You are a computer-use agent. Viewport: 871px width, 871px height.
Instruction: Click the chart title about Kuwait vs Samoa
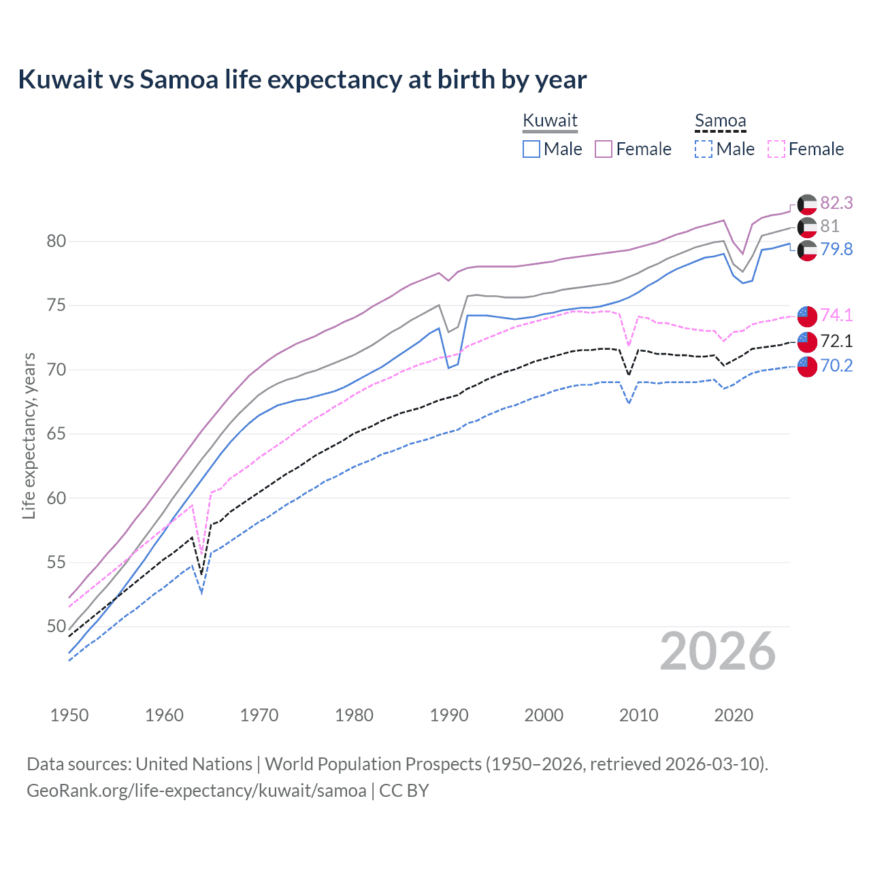[x=302, y=80]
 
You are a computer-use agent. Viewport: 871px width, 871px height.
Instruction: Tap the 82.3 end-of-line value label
[x=836, y=203]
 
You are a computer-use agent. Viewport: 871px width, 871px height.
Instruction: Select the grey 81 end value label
[x=829, y=226]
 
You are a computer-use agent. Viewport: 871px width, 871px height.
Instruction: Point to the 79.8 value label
[x=836, y=249]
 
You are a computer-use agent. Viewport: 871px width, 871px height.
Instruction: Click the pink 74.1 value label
[x=836, y=315]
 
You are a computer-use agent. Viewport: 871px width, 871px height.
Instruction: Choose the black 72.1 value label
[x=836, y=340]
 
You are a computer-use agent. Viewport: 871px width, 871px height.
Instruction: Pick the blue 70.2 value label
[x=836, y=366]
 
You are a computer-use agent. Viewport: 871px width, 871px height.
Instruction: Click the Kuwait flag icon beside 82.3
[x=807, y=204]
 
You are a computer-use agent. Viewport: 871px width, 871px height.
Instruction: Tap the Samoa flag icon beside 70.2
[x=807, y=366]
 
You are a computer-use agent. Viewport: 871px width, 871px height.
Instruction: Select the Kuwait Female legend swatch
[x=604, y=149]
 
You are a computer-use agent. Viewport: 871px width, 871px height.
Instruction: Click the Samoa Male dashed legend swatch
[x=704, y=149]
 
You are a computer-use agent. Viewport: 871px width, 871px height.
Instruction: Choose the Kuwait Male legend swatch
[x=531, y=149]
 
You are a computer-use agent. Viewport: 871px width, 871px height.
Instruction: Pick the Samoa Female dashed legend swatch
[x=776, y=149]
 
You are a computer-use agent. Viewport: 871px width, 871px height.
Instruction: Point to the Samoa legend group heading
[x=720, y=121]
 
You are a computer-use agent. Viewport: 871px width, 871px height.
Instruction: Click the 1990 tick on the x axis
[x=449, y=715]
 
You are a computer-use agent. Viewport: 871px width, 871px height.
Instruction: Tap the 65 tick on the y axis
[x=56, y=434]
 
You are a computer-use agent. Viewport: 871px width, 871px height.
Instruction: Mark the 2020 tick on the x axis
[x=734, y=715]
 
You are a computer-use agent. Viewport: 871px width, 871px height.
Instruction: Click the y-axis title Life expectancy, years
[x=29, y=435]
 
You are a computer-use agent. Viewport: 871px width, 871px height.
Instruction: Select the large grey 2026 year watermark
[x=718, y=651]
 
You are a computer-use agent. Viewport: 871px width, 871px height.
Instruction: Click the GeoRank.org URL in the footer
[x=196, y=791]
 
